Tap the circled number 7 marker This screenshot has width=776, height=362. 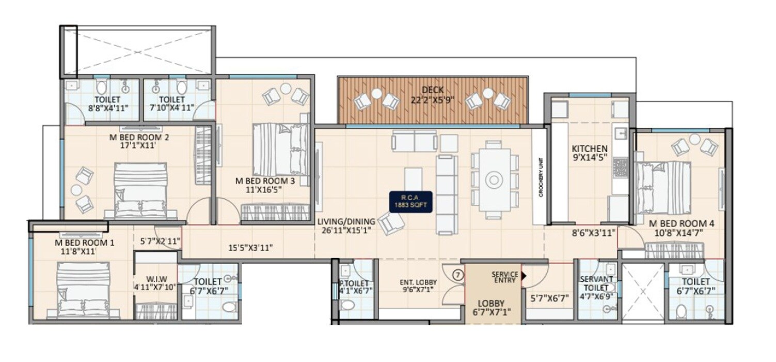coord(457,274)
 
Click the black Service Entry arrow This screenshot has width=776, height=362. coord(524,277)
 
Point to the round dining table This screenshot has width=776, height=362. coord(494,179)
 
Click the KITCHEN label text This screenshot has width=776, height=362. coord(589,149)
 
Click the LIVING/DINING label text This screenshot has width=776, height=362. coord(343,225)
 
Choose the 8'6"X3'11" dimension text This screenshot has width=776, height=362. coord(593,233)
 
